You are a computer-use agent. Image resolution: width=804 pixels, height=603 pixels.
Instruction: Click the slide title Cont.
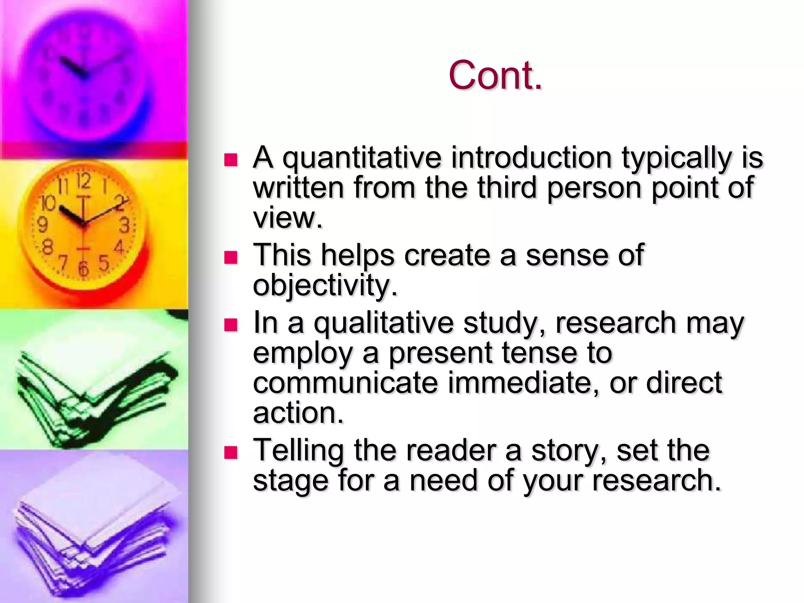coord(495,75)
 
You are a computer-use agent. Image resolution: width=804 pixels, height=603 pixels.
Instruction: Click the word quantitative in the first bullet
coord(362,158)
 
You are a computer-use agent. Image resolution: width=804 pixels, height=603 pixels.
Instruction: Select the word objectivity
coord(325,285)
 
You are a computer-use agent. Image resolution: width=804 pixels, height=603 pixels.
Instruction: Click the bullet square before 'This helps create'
coord(231,258)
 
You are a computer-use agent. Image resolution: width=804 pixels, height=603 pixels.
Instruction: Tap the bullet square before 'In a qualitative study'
coord(231,325)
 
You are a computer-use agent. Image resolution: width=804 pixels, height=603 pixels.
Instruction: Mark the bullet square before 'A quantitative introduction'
coord(231,160)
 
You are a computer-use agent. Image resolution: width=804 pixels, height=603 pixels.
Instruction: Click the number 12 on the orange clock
coord(83,181)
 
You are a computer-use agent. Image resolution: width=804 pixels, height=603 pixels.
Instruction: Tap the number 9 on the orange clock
coord(42,225)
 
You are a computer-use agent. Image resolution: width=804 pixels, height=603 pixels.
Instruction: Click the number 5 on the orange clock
coord(104,263)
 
